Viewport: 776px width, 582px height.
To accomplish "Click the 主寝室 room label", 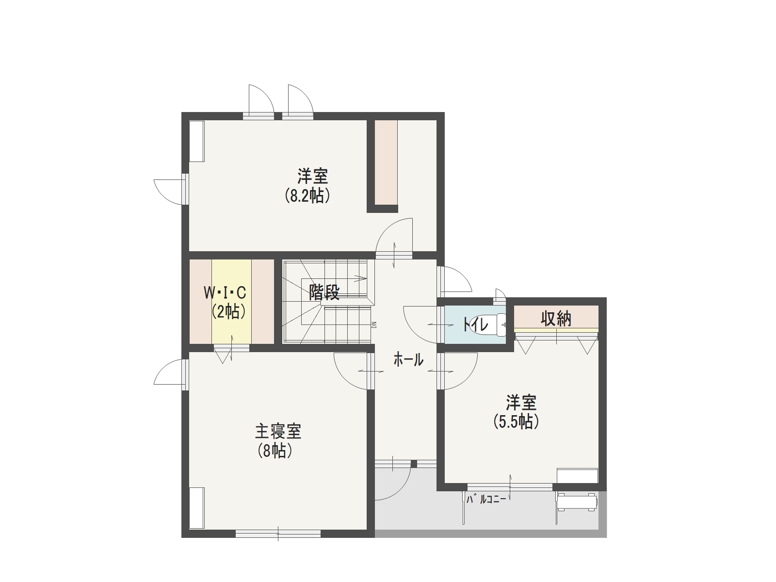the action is click(278, 431).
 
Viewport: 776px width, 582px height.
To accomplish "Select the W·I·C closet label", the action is click(225, 292).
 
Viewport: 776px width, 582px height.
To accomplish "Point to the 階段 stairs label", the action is click(324, 292).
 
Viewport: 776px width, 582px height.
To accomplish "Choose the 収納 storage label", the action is click(556, 319).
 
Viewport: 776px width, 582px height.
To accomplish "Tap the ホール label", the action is click(408, 360).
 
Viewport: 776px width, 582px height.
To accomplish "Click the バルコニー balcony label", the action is click(486, 500).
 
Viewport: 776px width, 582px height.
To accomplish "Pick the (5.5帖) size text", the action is click(516, 421).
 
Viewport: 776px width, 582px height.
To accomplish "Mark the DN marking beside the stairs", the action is click(374, 324).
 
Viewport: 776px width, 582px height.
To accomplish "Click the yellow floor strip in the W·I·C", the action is click(231, 301).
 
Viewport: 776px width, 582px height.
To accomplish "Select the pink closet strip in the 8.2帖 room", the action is click(386, 162).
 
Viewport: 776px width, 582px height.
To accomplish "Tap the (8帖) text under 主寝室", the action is click(275, 451).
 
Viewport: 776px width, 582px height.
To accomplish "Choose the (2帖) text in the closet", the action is click(228, 311).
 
